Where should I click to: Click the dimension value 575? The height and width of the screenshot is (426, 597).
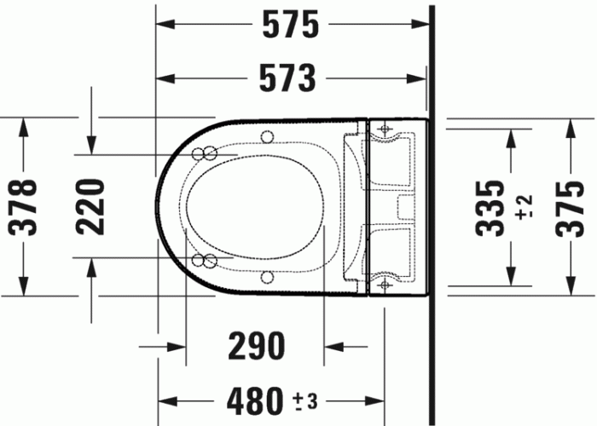[x=290, y=26]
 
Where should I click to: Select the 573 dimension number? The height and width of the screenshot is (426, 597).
[x=287, y=78]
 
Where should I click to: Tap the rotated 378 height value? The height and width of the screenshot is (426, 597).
[x=26, y=206]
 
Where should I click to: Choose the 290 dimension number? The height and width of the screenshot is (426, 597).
[x=255, y=347]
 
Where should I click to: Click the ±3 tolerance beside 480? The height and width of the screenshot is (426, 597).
[x=304, y=399]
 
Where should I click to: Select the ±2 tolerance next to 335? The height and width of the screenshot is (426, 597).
[x=524, y=207]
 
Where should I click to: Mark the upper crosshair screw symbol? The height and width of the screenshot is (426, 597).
[x=384, y=130]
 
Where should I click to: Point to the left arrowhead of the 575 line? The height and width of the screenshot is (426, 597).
[x=162, y=25]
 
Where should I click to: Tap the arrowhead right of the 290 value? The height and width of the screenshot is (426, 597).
[x=332, y=347]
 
